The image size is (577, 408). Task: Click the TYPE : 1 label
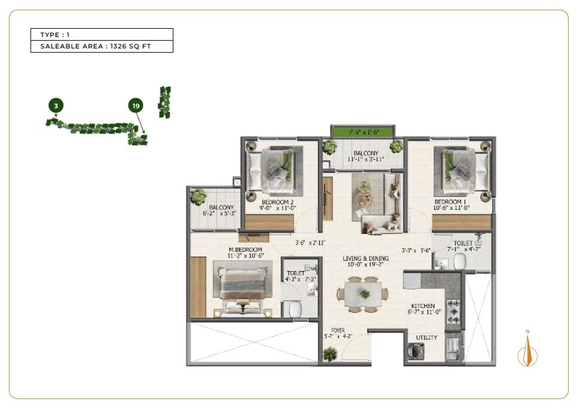tap(55, 35)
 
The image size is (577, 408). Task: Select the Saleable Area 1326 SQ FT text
tap(96, 46)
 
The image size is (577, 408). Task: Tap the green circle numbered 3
tap(56, 106)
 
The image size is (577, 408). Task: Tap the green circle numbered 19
tap(136, 106)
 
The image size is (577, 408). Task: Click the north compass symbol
tap(527, 353)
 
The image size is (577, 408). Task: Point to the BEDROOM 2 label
tap(277, 202)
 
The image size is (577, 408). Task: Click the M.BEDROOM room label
tap(245, 249)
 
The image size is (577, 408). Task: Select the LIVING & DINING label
tap(366, 258)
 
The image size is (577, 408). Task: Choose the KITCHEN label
tap(423, 306)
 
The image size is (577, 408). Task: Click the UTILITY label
tap(427, 337)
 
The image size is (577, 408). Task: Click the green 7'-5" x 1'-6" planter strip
tap(363, 132)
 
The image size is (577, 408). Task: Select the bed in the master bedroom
tap(243, 287)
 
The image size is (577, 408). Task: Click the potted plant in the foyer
tap(329, 354)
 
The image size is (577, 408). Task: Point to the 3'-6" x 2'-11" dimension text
tap(309, 243)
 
